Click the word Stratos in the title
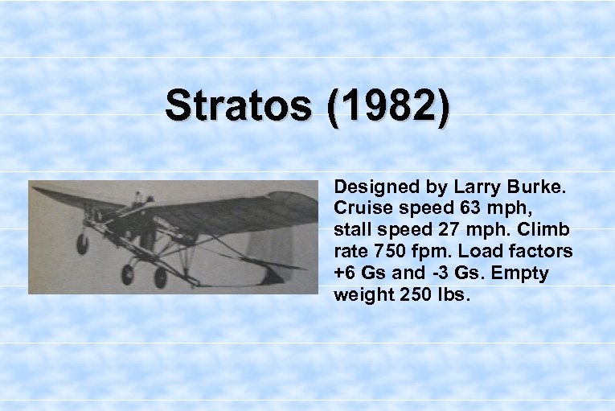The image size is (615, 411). pyautogui.click(x=240, y=106)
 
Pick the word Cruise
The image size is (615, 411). pyautogui.click(x=360, y=208)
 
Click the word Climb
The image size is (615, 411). pyautogui.click(x=546, y=230)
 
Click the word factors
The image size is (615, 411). pyautogui.click(x=541, y=252)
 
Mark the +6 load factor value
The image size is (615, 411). pyautogui.click(x=346, y=273)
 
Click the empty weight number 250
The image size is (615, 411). pyautogui.click(x=416, y=295)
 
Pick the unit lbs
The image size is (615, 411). pyautogui.click(x=453, y=295)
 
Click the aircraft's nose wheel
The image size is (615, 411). pyautogui.click(x=82, y=243)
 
